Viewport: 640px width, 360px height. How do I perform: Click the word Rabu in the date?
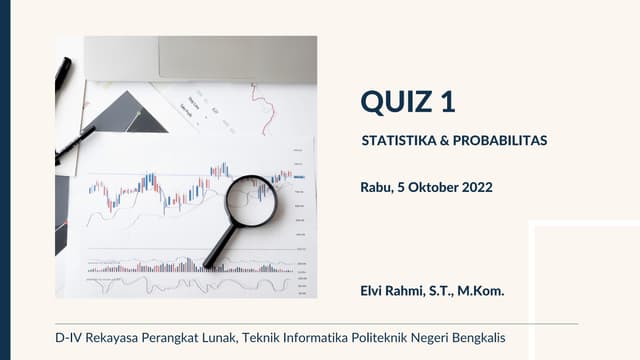click(x=376, y=186)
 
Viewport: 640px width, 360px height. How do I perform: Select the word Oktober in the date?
click(x=433, y=186)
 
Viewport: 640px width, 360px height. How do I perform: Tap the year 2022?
click(x=477, y=186)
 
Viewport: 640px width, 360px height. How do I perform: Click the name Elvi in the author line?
click(x=372, y=291)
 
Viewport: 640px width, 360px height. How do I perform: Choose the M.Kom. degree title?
click(x=481, y=291)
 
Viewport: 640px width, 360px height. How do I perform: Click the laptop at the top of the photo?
click(x=200, y=57)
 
